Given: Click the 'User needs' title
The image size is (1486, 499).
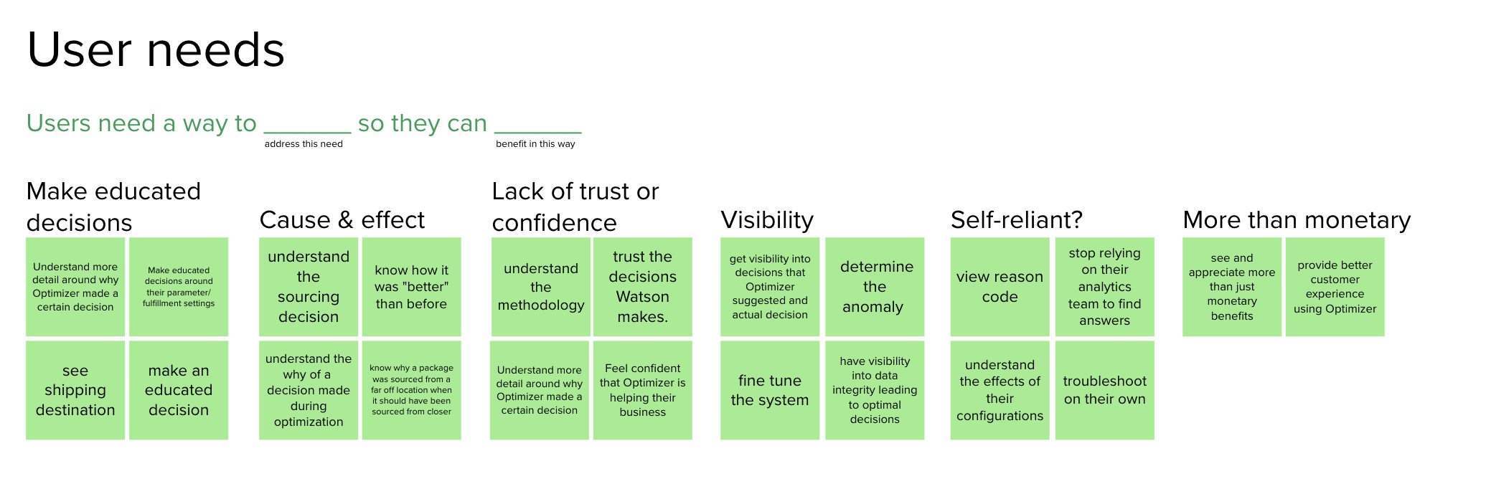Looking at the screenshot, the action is point(156,50).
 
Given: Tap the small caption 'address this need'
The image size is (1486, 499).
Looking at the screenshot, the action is point(304,144).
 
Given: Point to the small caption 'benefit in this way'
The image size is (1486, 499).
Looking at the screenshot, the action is point(535,144).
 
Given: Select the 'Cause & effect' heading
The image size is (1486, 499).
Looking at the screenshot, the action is point(342,219).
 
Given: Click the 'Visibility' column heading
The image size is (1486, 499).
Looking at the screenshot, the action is point(766,219).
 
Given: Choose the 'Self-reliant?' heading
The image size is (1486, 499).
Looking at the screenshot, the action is point(1016,219).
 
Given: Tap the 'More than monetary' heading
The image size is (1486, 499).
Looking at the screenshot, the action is point(1296,219).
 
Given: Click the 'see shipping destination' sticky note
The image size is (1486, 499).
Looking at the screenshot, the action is point(75,390).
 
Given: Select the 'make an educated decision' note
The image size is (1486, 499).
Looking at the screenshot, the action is point(179,390).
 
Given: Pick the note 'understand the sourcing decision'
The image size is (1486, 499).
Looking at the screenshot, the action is point(309,287).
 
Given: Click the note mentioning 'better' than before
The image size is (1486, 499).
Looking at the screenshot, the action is point(411,287).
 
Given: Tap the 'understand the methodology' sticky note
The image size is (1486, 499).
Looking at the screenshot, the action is point(541,287).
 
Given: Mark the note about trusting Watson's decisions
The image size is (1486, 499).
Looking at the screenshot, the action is point(643,287).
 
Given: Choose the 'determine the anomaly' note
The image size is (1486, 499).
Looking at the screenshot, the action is point(875,287).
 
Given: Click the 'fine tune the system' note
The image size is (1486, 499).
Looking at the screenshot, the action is point(770,390).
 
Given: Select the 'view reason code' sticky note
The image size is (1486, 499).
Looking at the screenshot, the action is point(1000,287).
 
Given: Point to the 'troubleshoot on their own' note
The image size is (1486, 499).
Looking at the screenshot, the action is point(1104,390).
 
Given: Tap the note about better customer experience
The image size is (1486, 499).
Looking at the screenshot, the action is point(1335,287).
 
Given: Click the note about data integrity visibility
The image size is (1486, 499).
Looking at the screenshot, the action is point(875,390).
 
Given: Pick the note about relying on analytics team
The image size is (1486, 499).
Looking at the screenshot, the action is point(1104,287).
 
